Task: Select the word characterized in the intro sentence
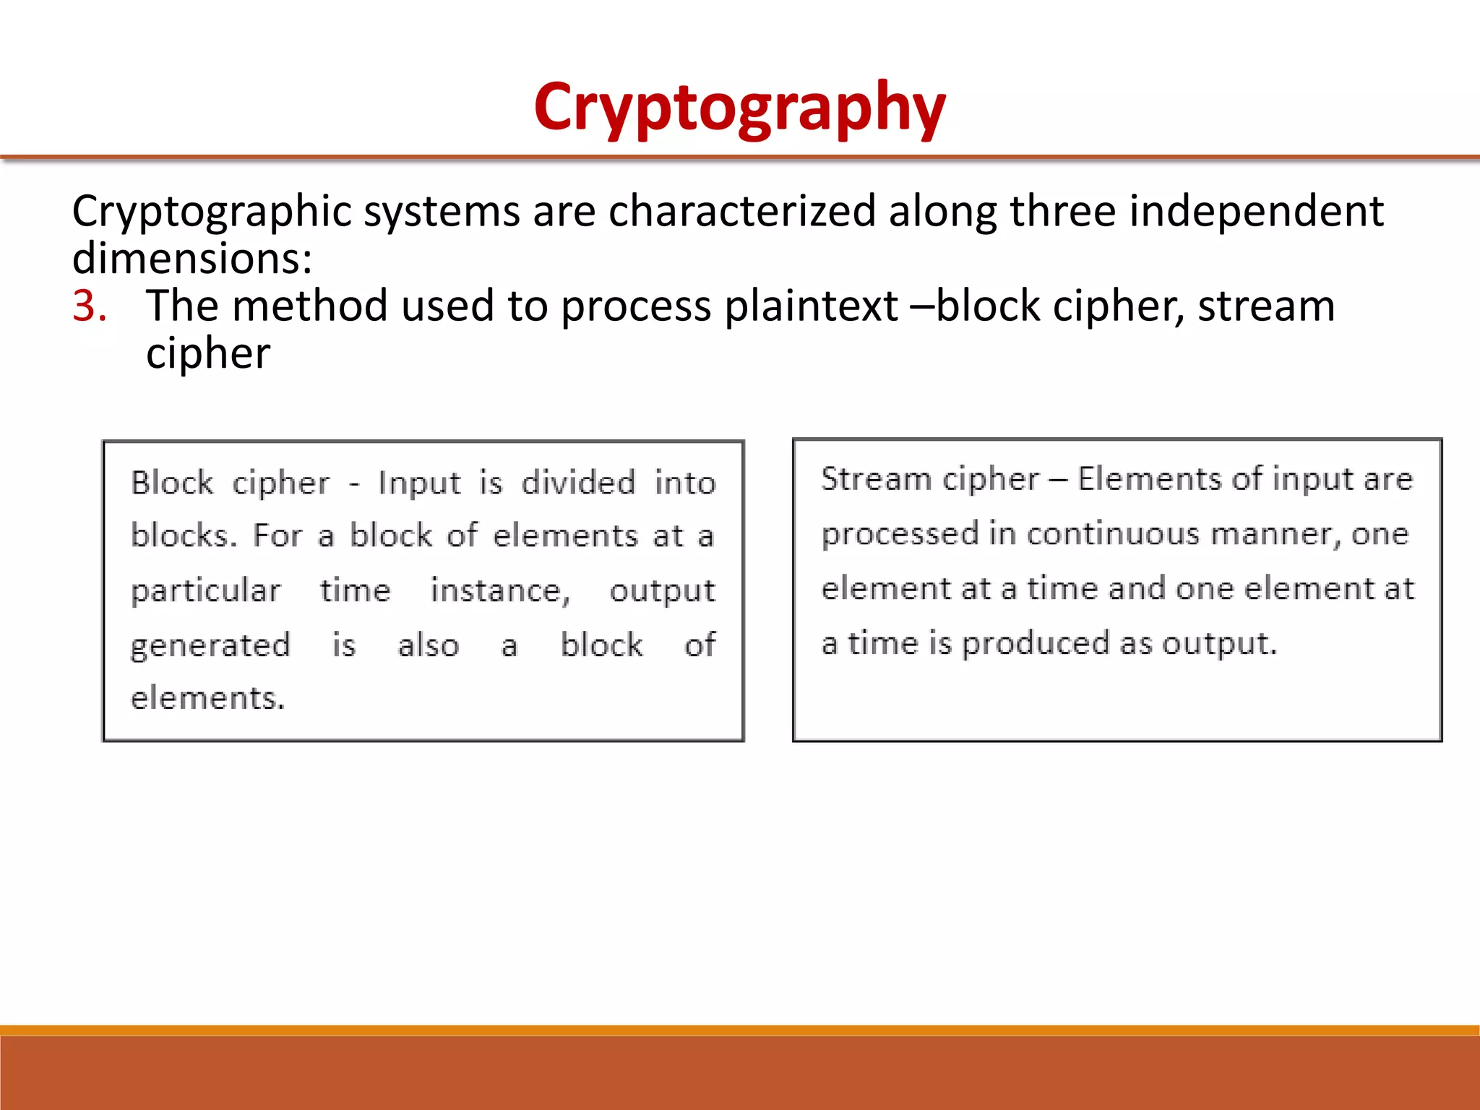(742, 211)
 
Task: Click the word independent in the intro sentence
(1256, 211)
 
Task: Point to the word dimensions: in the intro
(192, 258)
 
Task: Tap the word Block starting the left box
(172, 483)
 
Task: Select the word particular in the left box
(205, 591)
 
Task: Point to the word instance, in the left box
(500, 591)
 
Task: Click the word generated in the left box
(210, 645)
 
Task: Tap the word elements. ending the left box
(207, 698)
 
